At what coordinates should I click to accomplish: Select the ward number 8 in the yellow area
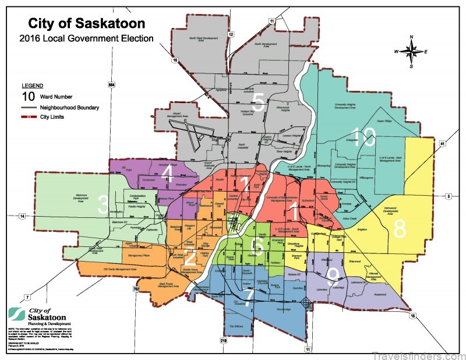click(x=400, y=229)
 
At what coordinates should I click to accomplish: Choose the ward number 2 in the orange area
click(x=190, y=255)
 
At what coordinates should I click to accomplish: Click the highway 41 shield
click(x=442, y=143)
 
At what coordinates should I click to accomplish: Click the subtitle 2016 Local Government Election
click(x=86, y=39)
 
